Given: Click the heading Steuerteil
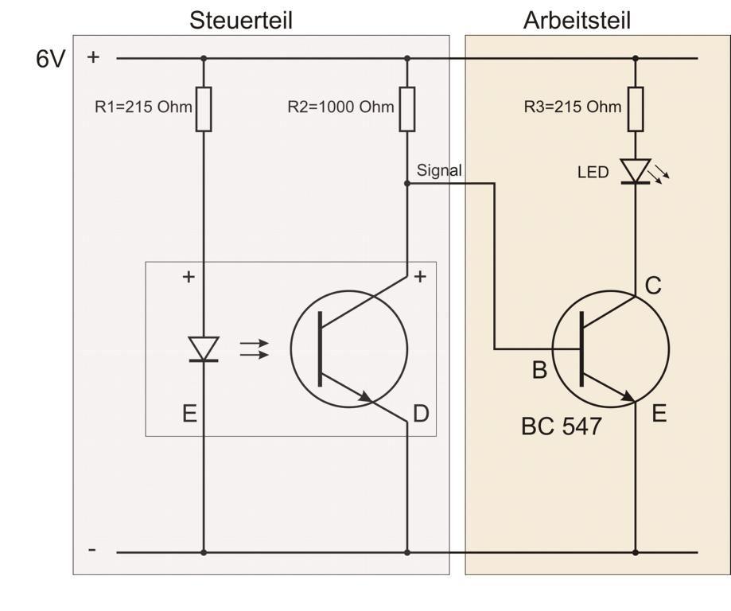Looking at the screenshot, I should point(240,21).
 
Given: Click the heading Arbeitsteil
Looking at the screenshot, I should point(577,21).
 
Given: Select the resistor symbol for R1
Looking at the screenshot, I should point(204,109).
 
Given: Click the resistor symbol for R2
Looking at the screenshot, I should point(407,109).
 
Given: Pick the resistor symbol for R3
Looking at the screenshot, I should point(636,109).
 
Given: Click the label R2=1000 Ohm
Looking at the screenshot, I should point(340,107).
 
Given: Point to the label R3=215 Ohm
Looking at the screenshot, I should point(572,107).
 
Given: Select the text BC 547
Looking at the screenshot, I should point(561,426).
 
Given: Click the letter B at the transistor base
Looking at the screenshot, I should point(539,371).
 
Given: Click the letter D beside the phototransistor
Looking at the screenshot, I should point(421,414).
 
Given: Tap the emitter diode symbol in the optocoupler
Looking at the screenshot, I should point(204,349).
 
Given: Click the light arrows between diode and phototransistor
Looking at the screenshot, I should point(254,349).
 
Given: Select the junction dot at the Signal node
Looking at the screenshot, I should point(407,183).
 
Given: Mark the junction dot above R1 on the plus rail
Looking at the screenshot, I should point(204,58).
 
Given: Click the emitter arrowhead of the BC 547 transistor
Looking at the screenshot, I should point(628,396).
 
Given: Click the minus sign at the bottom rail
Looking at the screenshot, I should point(93,550).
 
